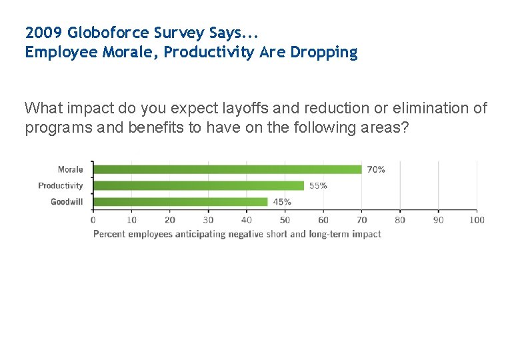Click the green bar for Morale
coord(227,169)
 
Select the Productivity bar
coord(198,185)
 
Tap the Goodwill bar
coord(180,201)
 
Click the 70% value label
coord(376,169)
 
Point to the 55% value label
coord(318,185)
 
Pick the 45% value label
coord(282,201)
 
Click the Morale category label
coord(71,169)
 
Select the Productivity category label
coord(61,185)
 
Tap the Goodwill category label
coord(67,201)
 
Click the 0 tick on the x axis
coord(93,220)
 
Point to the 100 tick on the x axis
coord(477,220)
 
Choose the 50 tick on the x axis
coord(285,220)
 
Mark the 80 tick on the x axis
coord(400,220)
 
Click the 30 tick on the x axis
coord(208,220)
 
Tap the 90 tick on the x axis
coord(439,220)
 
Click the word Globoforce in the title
coord(109,32)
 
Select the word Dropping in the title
coord(323,53)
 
